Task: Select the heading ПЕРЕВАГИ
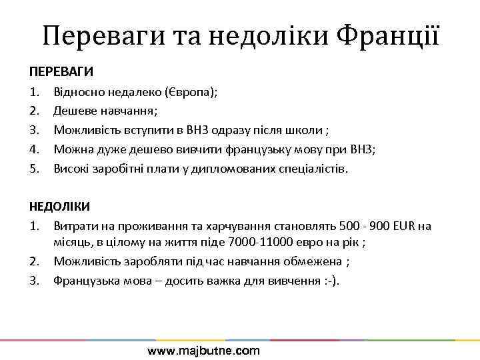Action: coord(61,71)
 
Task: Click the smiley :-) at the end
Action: coord(331,280)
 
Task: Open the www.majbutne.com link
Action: coord(203,351)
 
